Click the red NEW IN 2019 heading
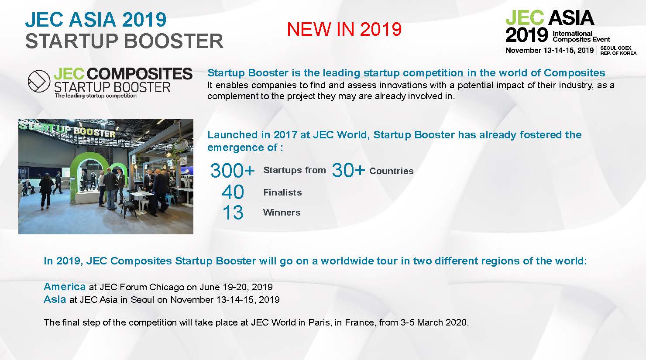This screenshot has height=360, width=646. click(x=344, y=29)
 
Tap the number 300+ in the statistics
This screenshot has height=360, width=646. click(x=233, y=170)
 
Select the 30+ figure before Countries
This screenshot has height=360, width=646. click(x=348, y=170)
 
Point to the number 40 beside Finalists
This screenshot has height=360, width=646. click(x=233, y=192)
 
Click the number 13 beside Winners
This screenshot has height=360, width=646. click(x=233, y=213)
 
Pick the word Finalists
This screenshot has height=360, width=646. click(x=282, y=192)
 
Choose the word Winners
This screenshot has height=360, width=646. click(x=282, y=213)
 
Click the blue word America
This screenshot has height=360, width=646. click(x=65, y=287)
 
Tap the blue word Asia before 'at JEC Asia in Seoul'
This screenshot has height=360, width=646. click(x=55, y=299)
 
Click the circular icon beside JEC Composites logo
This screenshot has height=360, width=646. click(x=39, y=81)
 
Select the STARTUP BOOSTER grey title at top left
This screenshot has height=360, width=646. click(x=124, y=41)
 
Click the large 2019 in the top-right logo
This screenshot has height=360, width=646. click(x=526, y=35)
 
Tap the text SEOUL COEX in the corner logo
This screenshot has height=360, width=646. click(x=616, y=48)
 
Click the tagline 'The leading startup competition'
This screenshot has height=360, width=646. click(x=96, y=96)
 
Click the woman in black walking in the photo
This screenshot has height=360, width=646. click(x=46, y=191)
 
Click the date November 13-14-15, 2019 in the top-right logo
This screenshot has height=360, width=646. click(x=550, y=51)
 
